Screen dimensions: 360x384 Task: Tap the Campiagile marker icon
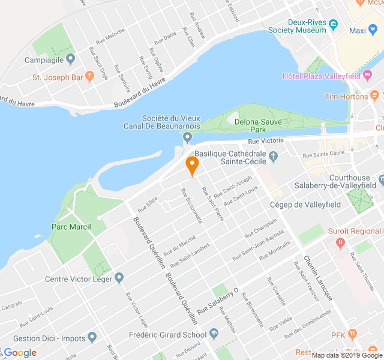(70, 59)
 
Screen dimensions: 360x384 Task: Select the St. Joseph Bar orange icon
(90, 76)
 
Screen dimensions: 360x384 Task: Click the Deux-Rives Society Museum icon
(334, 25)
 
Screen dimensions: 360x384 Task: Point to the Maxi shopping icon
(375, 31)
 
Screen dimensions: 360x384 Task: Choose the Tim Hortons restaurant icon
(375, 95)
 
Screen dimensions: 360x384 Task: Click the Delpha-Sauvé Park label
(259, 124)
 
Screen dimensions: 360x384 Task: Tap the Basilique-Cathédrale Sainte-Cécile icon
(274, 157)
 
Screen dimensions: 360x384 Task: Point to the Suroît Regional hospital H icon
(341, 242)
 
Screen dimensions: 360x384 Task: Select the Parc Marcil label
(71, 226)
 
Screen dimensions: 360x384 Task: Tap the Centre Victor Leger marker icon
(119, 278)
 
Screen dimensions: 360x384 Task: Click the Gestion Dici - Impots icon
(92, 338)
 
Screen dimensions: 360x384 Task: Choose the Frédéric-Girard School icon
(214, 334)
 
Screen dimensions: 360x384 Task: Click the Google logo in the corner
(20, 352)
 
